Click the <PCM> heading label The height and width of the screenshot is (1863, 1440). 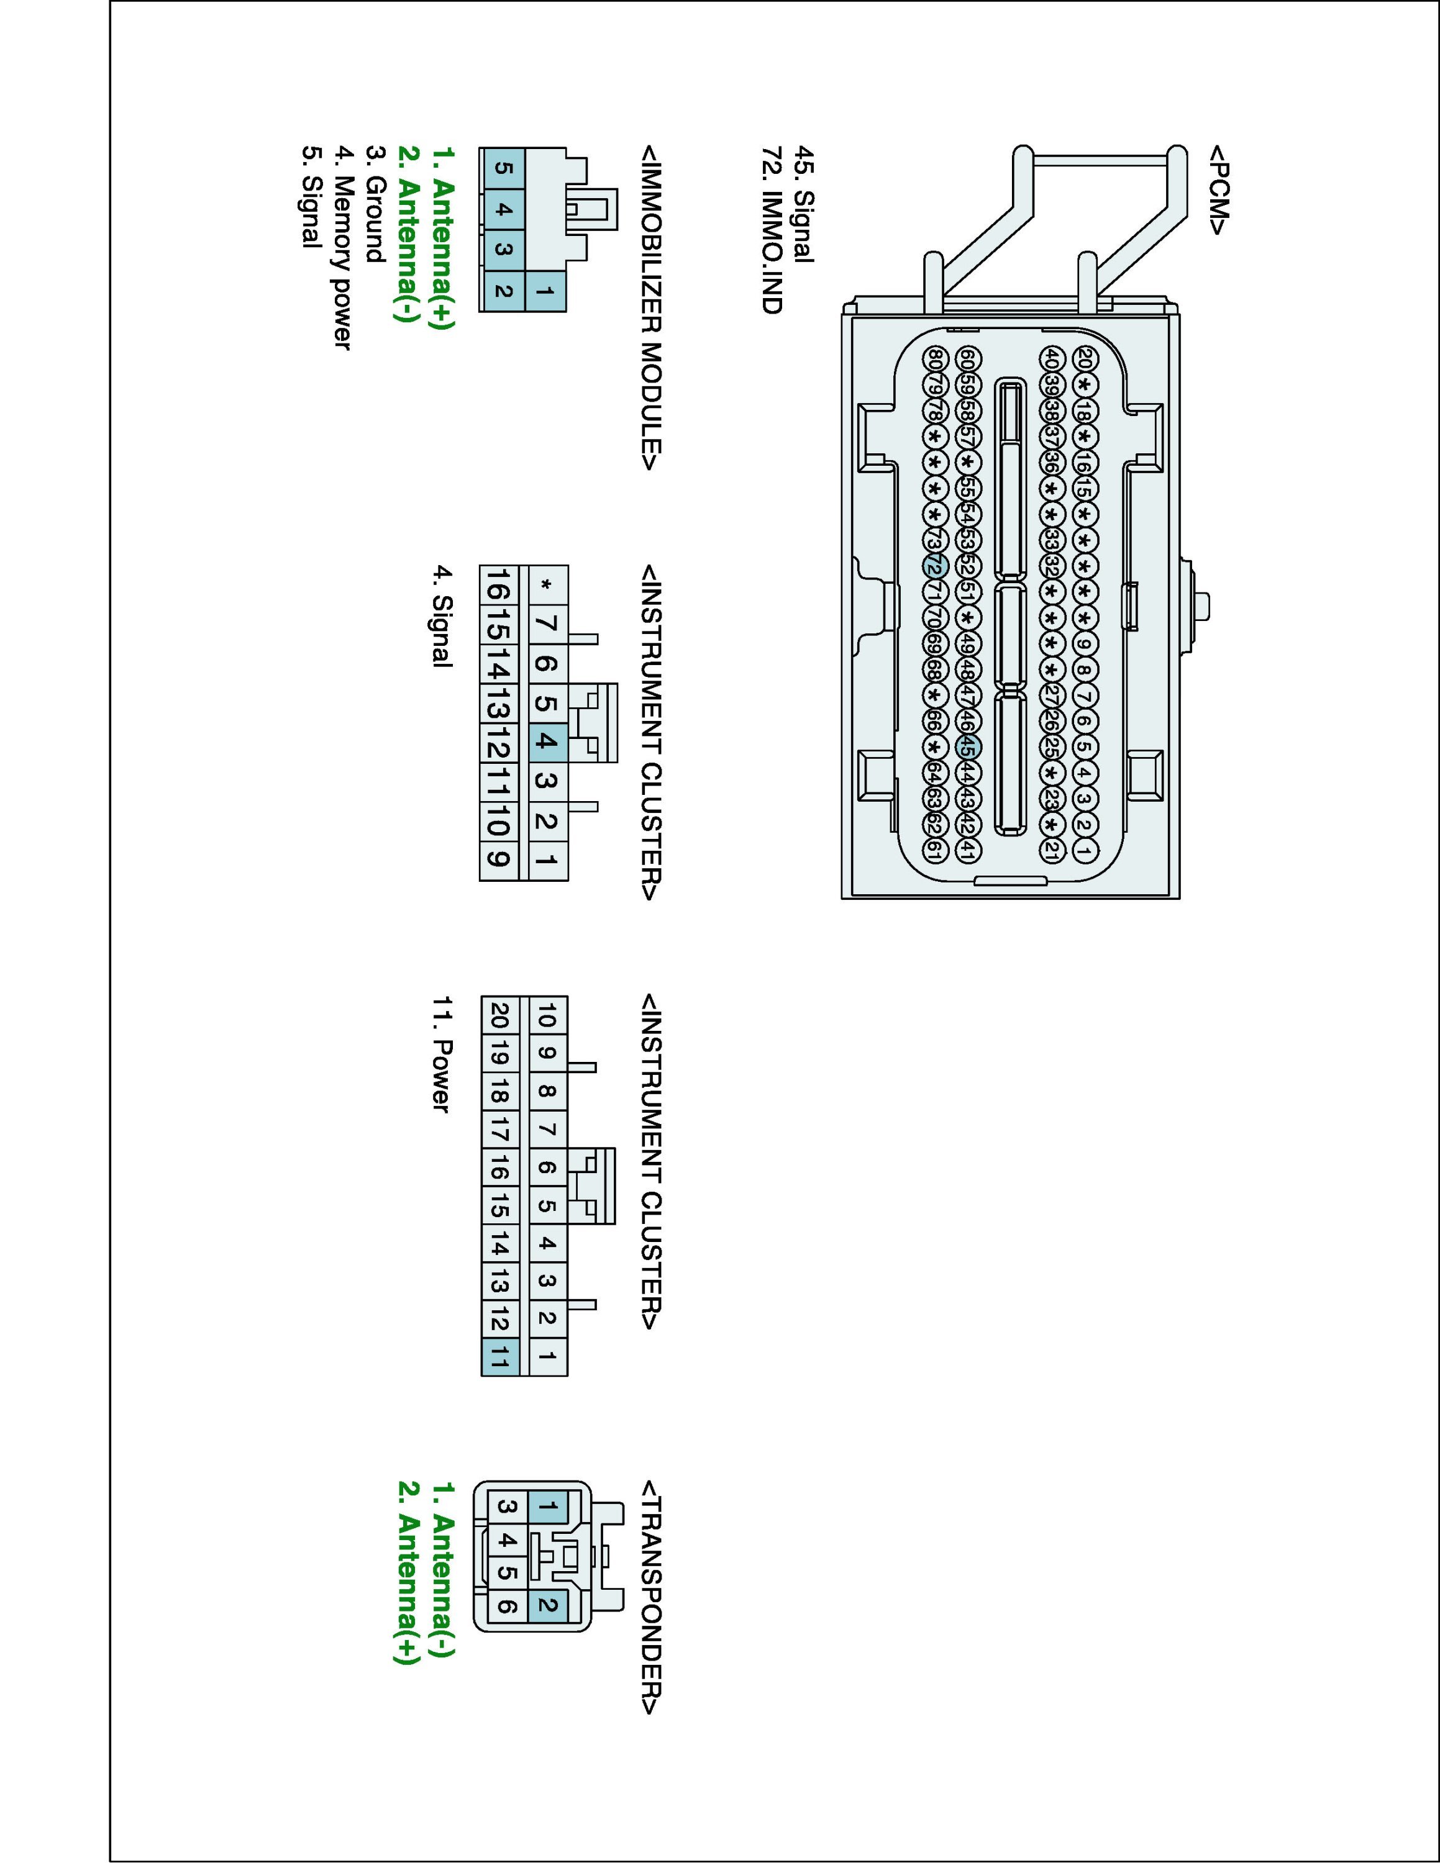click(x=1218, y=189)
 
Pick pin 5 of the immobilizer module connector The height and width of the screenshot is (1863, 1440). click(x=503, y=168)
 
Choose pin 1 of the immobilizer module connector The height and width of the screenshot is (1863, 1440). click(x=546, y=292)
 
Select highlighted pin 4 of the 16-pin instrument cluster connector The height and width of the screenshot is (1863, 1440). click(x=547, y=742)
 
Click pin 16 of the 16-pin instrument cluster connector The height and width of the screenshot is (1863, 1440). click(x=501, y=585)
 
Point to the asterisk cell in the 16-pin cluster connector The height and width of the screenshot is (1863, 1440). click(x=547, y=585)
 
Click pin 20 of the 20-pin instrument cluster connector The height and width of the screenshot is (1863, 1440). click(x=501, y=1016)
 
